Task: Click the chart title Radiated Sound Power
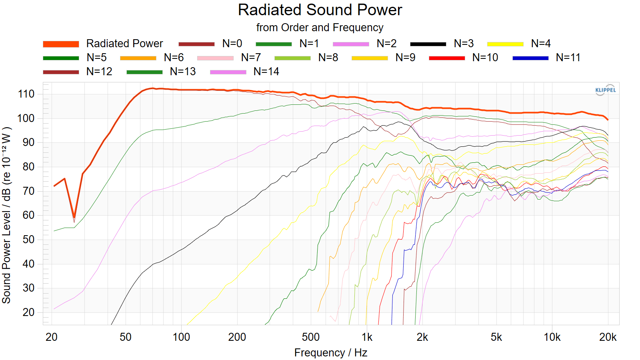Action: pyautogui.click(x=320, y=10)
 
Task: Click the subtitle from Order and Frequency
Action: pyautogui.click(x=320, y=28)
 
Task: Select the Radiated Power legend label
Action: pyautogui.click(x=124, y=44)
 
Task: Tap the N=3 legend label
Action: pyautogui.click(x=464, y=44)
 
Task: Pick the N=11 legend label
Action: pyautogui.click(x=568, y=58)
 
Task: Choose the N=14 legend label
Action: pyautogui.click(x=266, y=72)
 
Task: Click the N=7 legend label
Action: pyautogui.click(x=251, y=58)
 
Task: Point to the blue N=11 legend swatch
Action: pyautogui.click(x=530, y=58)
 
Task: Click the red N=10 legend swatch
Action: pyautogui.click(x=447, y=58)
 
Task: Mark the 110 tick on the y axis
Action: pyautogui.click(x=26, y=94)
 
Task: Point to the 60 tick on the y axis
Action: pyautogui.click(x=28, y=216)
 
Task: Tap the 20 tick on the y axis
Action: pyautogui.click(x=28, y=312)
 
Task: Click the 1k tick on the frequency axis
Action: pyautogui.click(x=367, y=338)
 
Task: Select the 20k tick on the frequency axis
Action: pyautogui.click(x=608, y=338)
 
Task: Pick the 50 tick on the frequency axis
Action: pyautogui.click(x=126, y=338)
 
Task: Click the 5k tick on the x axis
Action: pyautogui.click(x=496, y=338)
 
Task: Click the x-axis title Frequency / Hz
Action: pyautogui.click(x=330, y=353)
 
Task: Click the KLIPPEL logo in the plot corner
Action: pyautogui.click(x=606, y=90)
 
